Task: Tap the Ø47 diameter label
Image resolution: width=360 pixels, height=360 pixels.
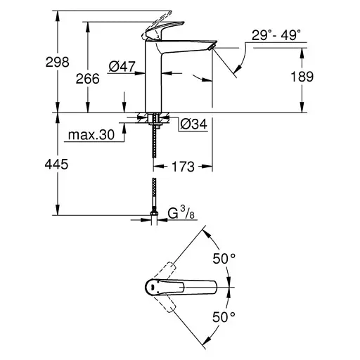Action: point(122,67)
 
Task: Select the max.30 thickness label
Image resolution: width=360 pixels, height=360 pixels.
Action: point(91,135)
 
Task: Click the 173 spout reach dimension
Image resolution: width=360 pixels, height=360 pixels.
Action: point(184,167)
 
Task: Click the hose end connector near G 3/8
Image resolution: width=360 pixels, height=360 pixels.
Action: point(154,214)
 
